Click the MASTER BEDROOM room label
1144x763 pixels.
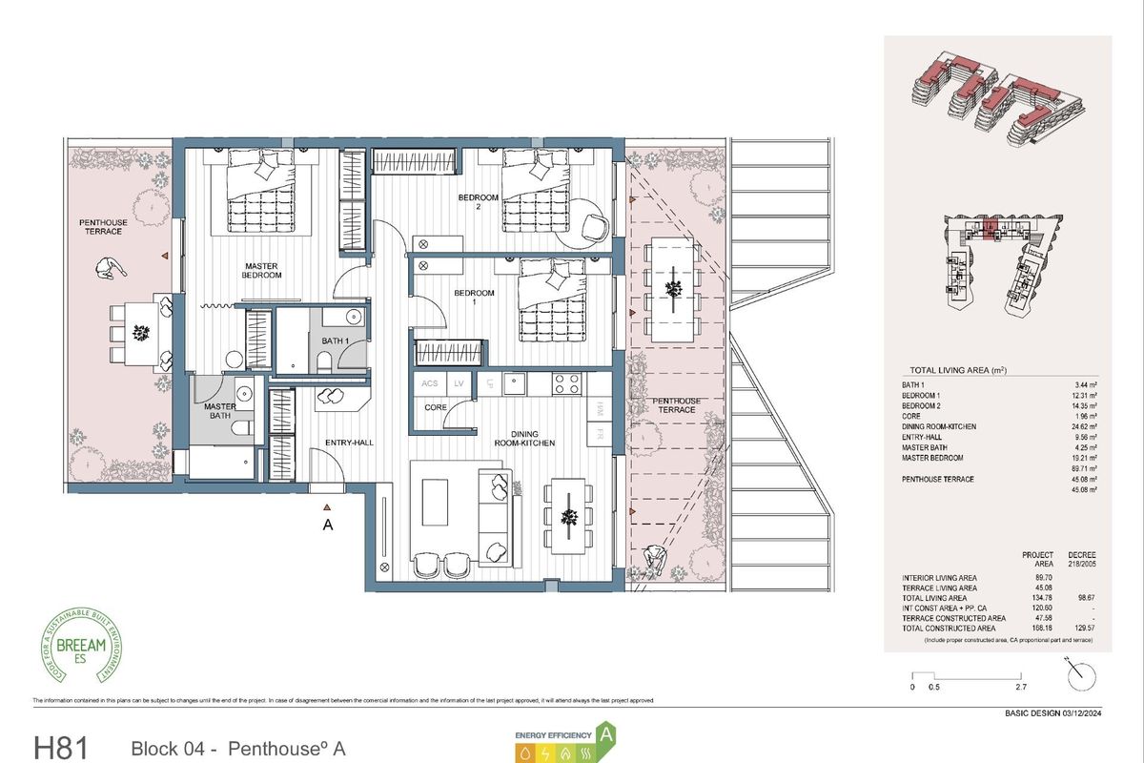click(x=261, y=270)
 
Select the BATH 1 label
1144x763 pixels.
click(x=335, y=340)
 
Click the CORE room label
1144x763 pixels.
click(x=436, y=407)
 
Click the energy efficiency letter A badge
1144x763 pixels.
click(x=604, y=735)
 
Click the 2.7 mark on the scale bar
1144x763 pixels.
click(x=1020, y=687)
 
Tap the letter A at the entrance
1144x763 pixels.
click(x=328, y=525)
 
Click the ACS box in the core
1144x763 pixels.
click(x=430, y=384)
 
